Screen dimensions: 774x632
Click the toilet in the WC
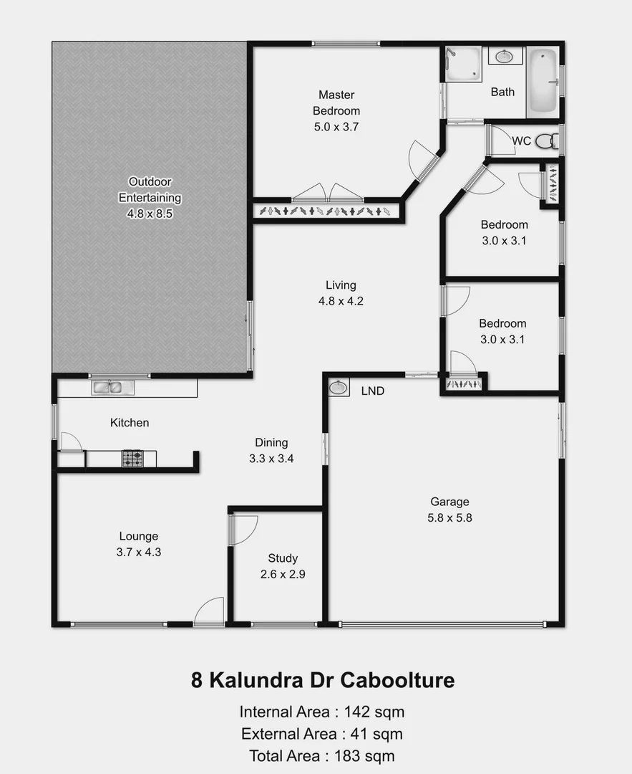(545, 140)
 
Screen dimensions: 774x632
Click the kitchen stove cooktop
(132, 458)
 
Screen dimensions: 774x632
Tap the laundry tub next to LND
(338, 388)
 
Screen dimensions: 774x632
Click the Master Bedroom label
(336, 102)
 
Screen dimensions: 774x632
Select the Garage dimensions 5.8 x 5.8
(449, 517)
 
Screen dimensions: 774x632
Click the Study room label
(283, 558)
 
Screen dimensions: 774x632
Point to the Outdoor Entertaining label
(150, 190)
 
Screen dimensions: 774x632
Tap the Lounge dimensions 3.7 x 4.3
(138, 552)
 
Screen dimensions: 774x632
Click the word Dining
(271, 442)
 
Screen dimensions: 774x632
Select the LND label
(372, 391)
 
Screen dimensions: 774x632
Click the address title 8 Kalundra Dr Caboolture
(322, 679)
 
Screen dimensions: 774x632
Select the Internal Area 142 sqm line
(322, 712)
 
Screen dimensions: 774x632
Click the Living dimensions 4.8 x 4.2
(341, 301)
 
